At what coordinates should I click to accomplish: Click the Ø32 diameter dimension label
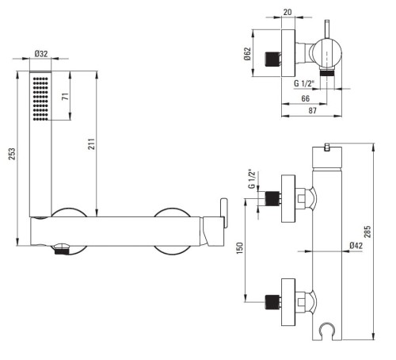tap(41, 54)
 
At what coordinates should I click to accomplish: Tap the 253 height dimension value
tap(12, 154)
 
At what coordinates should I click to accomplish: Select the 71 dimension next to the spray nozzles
tap(65, 96)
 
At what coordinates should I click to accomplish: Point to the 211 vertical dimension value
tap(91, 144)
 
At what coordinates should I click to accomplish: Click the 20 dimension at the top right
tap(287, 12)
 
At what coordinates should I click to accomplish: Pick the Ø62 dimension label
tap(247, 54)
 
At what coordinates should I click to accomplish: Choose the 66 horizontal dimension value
tap(305, 98)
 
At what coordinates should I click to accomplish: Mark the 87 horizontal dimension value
tap(312, 110)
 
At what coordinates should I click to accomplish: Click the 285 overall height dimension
tap(367, 232)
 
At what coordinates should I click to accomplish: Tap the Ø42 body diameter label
tap(356, 246)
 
